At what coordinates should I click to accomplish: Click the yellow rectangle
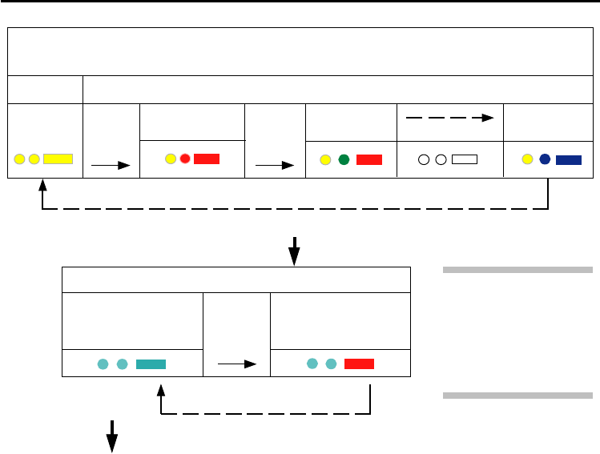(58, 159)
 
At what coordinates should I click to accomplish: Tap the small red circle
(184, 159)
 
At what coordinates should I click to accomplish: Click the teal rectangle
(151, 364)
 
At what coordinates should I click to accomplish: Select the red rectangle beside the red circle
(207, 159)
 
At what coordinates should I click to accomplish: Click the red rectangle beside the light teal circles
(359, 364)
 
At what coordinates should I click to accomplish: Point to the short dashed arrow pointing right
(449, 117)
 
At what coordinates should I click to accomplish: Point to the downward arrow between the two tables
(294, 250)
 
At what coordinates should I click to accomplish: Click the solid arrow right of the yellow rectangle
(111, 166)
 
